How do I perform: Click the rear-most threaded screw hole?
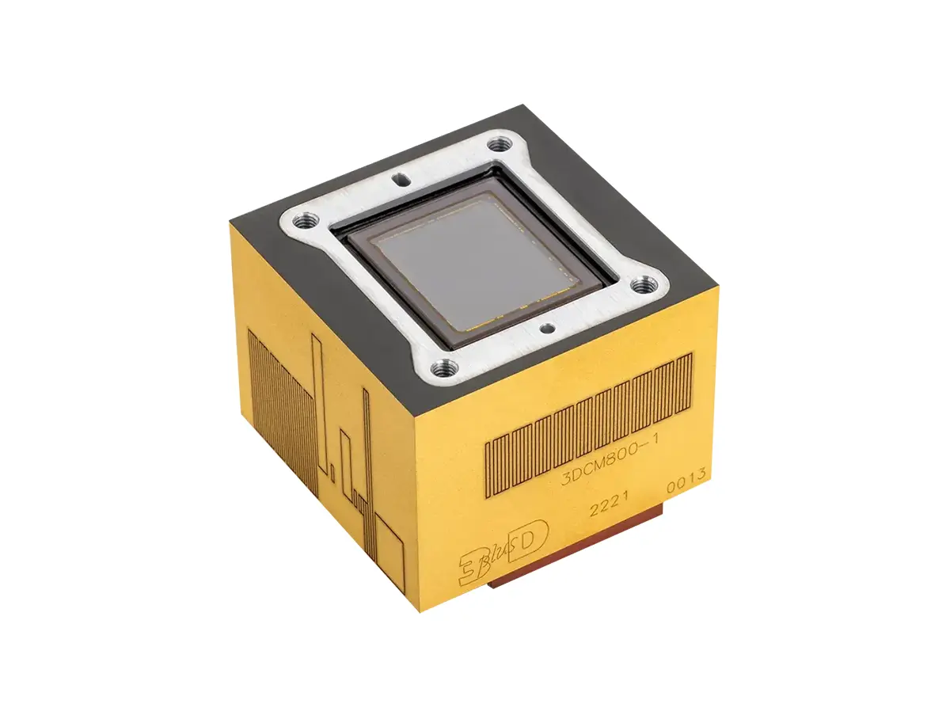tap(500, 143)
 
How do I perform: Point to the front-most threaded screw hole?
tap(443, 369)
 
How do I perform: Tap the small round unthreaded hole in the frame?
tap(547, 329)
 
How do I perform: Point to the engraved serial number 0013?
tap(686, 480)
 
